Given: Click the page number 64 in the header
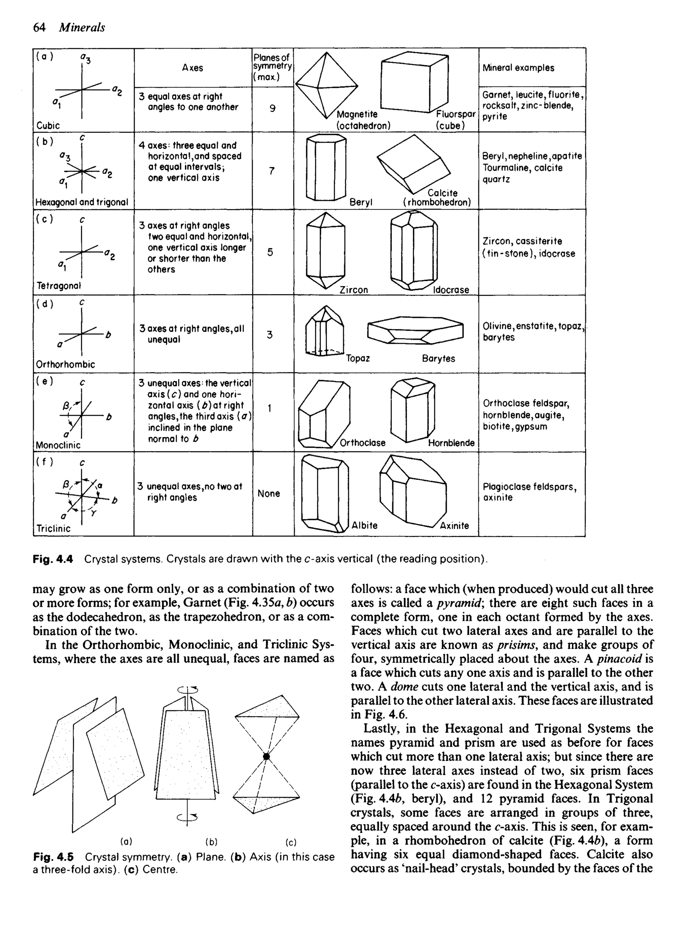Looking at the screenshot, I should pyautogui.click(x=39, y=27).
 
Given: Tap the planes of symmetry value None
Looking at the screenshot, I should pyautogui.click(x=269, y=493).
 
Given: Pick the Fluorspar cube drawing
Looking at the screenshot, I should pyautogui.click(x=414, y=82).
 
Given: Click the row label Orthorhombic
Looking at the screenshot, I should pyautogui.click(x=65, y=364).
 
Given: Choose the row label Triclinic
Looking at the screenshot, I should pyautogui.click(x=53, y=528).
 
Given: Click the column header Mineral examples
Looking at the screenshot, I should pyautogui.click(x=518, y=68).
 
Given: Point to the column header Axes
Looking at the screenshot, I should pyautogui.click(x=193, y=68).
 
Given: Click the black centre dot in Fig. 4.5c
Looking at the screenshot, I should pyautogui.click(x=266, y=756).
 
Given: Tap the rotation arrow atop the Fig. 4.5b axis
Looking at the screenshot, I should pyautogui.click(x=188, y=690).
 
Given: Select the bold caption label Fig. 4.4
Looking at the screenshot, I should pyautogui.click(x=53, y=559).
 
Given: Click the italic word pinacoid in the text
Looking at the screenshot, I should pyautogui.click(x=620, y=659).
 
